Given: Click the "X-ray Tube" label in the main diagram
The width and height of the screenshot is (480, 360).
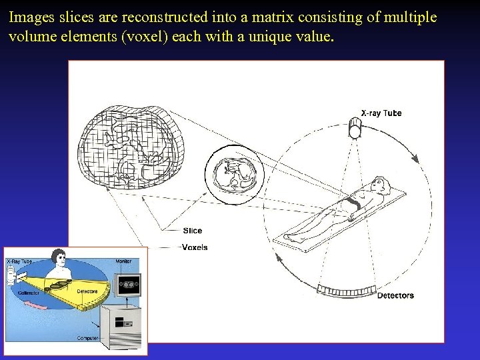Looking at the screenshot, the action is tap(381, 113).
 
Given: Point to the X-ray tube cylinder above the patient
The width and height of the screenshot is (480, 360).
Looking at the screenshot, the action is tap(355, 129).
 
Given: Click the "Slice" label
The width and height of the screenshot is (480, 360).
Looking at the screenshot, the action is tap(192, 231).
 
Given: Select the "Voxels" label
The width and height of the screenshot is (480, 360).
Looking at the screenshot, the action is tap(194, 247).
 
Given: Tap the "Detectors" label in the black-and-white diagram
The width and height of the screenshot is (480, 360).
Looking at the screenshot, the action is tap(395, 295).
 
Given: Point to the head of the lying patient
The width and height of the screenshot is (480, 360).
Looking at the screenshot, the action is tap(379, 183).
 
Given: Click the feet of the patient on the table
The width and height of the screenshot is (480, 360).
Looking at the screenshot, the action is tap(291, 237).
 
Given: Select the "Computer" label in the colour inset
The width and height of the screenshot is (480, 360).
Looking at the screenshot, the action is tap(87, 338).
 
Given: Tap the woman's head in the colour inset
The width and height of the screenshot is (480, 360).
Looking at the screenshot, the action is tap(59, 256).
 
